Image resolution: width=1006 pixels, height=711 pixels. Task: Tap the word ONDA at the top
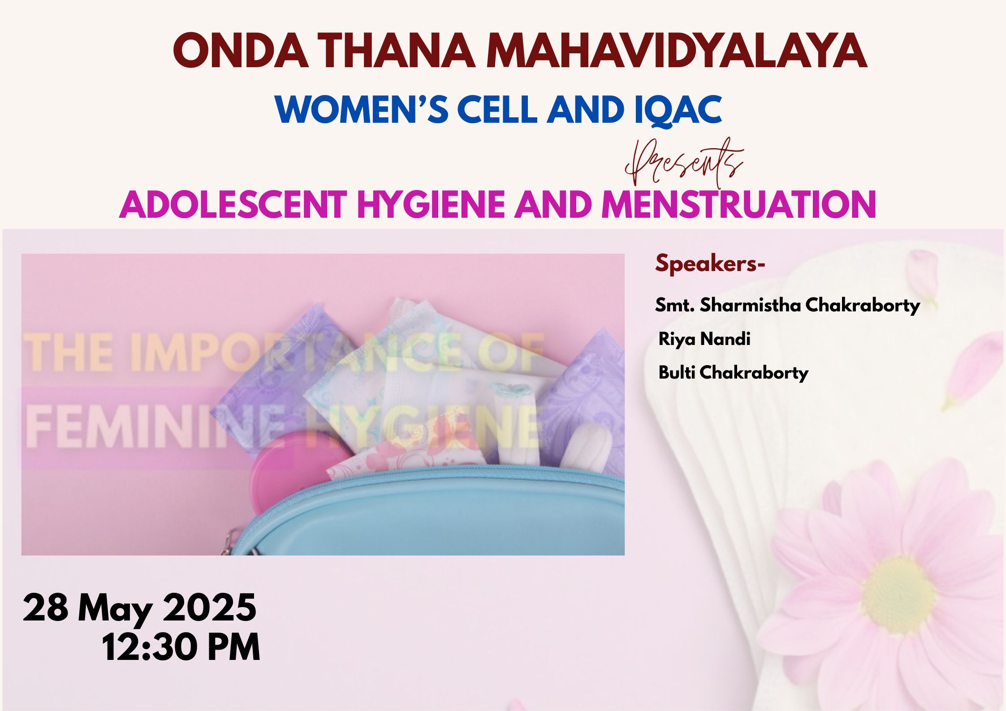point(240,50)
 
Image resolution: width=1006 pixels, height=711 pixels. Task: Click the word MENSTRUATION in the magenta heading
point(738,204)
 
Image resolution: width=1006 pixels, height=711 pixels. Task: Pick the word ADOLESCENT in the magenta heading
point(233,204)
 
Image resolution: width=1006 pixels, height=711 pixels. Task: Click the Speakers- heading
point(710,263)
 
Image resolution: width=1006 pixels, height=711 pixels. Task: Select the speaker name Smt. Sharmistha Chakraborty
point(787,306)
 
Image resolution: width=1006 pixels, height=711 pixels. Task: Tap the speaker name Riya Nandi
point(704,339)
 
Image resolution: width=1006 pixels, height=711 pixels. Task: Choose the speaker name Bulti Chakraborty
point(734,373)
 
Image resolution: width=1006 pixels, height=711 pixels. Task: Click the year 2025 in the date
point(209,608)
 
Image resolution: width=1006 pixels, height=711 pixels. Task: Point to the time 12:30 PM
point(181,647)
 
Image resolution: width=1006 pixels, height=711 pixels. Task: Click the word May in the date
point(115,610)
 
